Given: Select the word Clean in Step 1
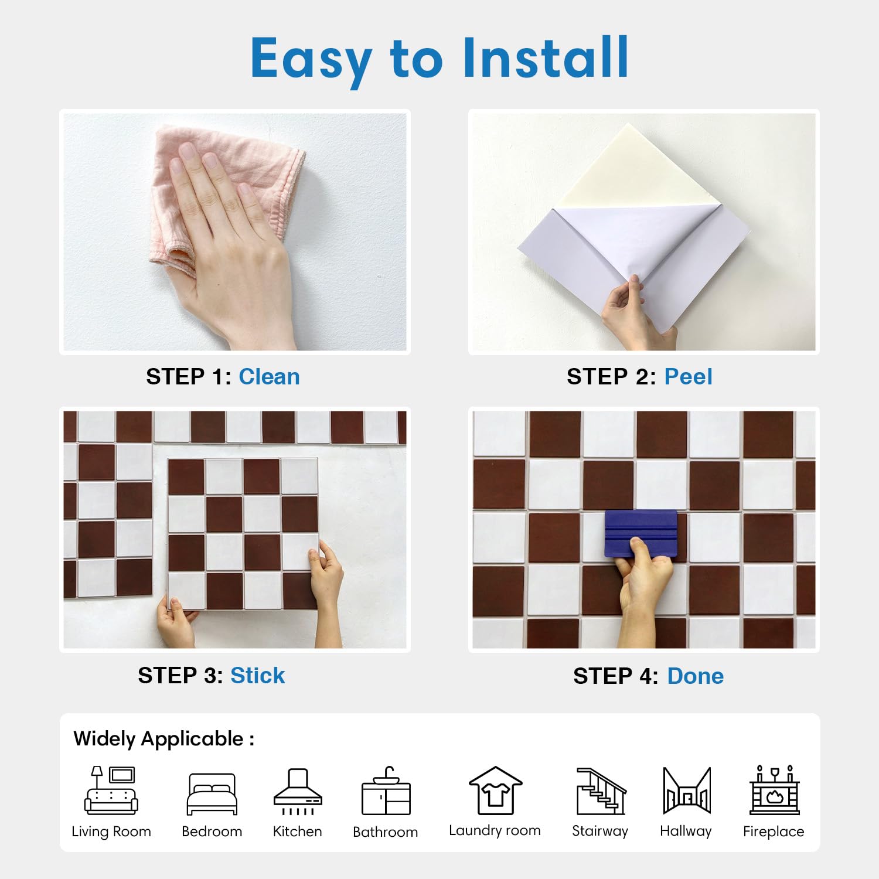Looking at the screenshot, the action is (269, 377).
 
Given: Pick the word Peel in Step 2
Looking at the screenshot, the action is (688, 377).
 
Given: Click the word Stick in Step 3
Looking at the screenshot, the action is (257, 676).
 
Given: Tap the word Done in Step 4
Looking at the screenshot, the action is (695, 676).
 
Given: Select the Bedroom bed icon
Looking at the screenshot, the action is (212, 794).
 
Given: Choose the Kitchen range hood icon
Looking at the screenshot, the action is (298, 792).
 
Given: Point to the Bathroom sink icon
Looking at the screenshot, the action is (386, 791).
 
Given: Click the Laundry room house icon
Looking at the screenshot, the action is (495, 791).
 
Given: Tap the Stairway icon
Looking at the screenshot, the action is (601, 791).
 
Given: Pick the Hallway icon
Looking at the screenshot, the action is (687, 791).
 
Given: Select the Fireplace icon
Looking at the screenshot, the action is (774, 790).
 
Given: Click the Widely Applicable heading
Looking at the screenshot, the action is (163, 739).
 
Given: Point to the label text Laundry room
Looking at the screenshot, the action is (495, 830).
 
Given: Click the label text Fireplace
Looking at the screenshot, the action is (774, 832).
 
